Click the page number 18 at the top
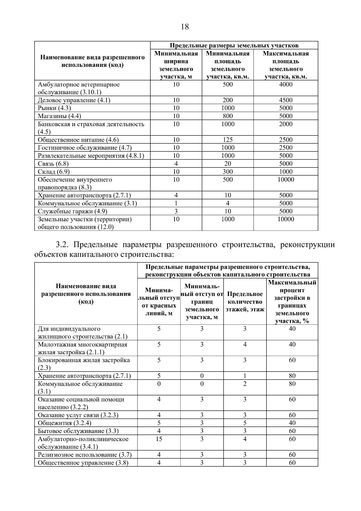pyautogui.click(x=185, y=27)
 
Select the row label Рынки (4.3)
pyautogui.click(x=54, y=108)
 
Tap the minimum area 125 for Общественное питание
pyautogui.click(x=228, y=140)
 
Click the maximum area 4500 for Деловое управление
pyautogui.click(x=285, y=100)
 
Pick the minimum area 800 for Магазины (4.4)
pyautogui.click(x=228, y=116)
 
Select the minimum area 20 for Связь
pyautogui.click(x=228, y=164)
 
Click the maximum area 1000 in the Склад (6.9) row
pyautogui.click(x=285, y=172)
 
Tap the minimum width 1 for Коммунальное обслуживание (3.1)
pyautogui.click(x=176, y=203)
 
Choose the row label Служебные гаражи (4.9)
pyautogui.click(x=73, y=211)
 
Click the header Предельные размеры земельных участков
pyautogui.click(x=234, y=45)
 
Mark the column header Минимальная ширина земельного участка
pyautogui.click(x=176, y=65)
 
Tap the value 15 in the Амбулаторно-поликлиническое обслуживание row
pyautogui.click(x=159, y=439)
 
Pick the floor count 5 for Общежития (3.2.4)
pyautogui.click(x=245, y=423)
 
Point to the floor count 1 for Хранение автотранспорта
pyautogui.click(x=245, y=376)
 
